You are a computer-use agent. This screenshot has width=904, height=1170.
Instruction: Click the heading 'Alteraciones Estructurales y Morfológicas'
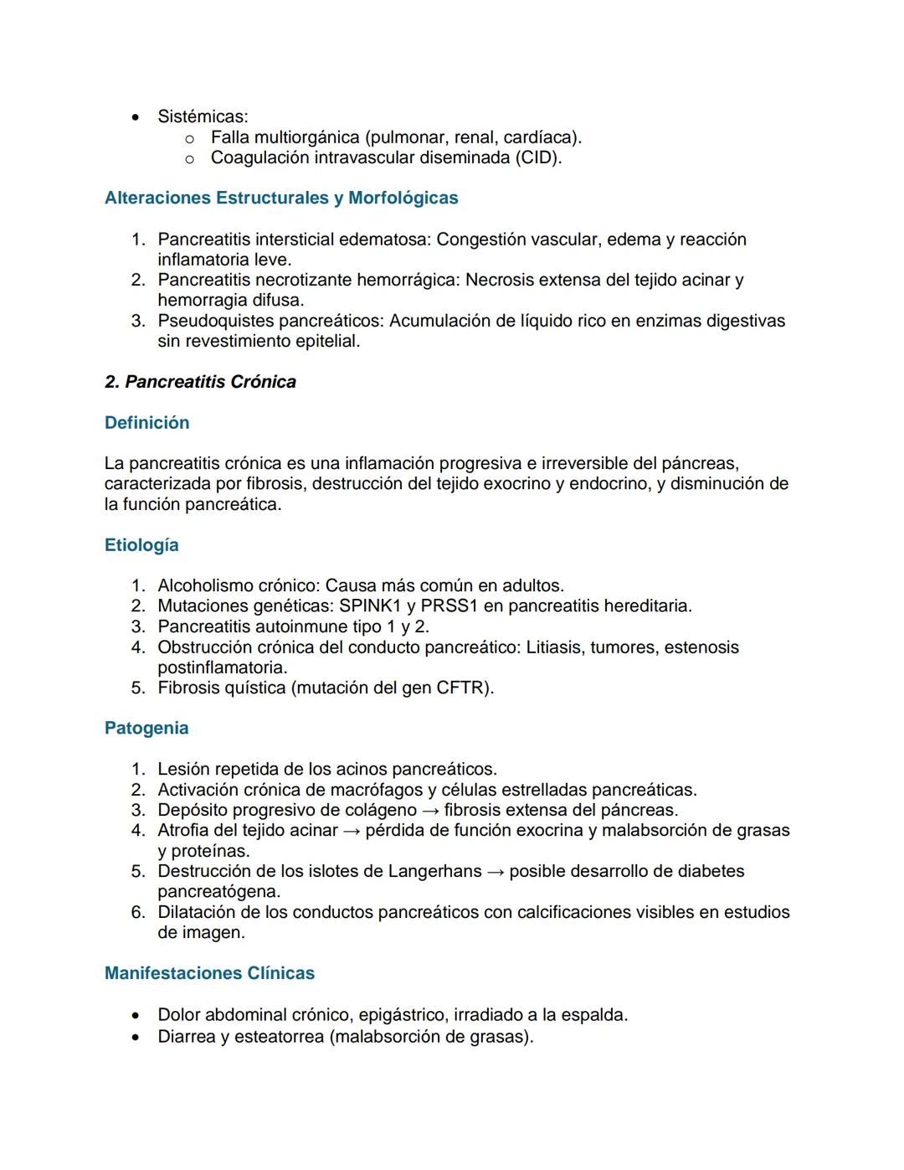coord(281,198)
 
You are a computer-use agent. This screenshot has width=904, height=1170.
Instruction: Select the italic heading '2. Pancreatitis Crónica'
coord(200,382)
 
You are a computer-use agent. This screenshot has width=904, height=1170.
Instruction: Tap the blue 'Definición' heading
coord(146,423)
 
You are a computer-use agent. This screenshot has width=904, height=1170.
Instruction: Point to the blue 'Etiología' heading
coord(141,545)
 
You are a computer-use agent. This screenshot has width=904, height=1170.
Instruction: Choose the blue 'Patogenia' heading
coord(146,729)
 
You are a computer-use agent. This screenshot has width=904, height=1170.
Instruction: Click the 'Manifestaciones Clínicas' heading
coord(209,973)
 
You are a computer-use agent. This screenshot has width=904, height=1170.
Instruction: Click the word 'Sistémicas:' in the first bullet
coord(203,116)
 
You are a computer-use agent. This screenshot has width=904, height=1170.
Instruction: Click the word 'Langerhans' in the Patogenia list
coord(434,871)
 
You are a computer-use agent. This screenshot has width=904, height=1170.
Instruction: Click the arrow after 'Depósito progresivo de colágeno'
coord(430,811)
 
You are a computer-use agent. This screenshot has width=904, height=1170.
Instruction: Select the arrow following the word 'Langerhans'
coord(496,872)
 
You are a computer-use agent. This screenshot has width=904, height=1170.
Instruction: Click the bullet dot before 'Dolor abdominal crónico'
coord(136,1016)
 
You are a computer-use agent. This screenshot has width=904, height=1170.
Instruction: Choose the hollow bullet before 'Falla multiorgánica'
coord(189,138)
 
